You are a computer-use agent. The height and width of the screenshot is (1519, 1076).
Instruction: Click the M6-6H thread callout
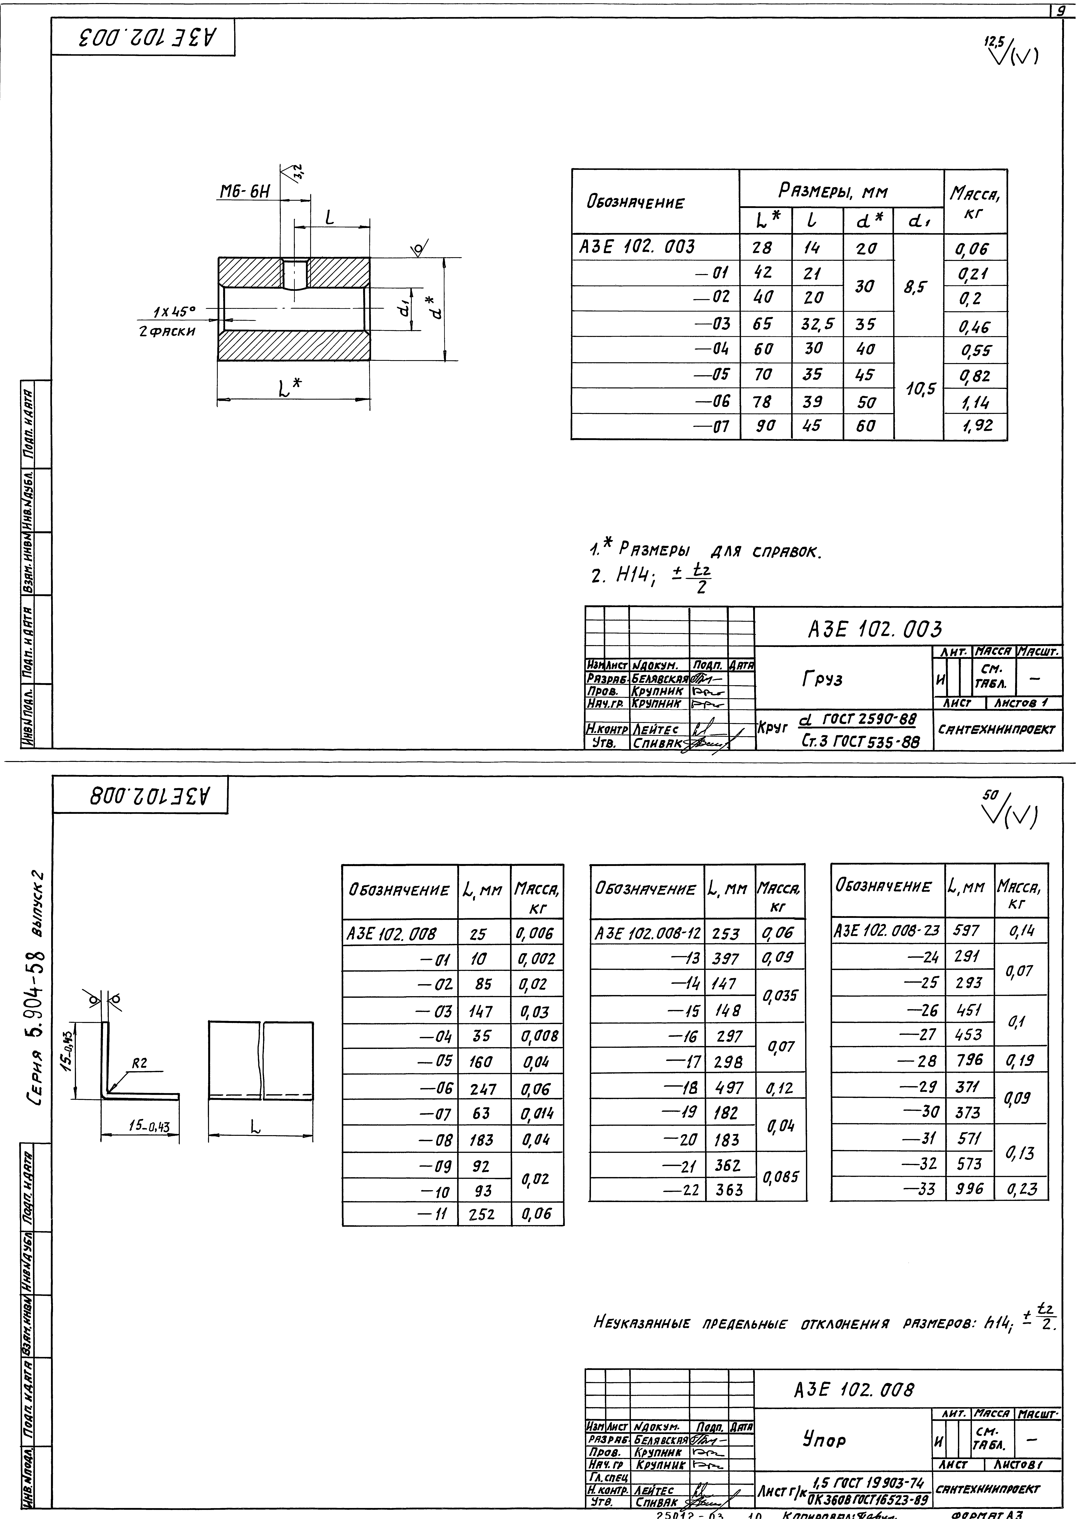[x=245, y=192]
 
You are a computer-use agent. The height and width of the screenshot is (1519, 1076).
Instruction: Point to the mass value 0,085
[x=780, y=1177]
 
